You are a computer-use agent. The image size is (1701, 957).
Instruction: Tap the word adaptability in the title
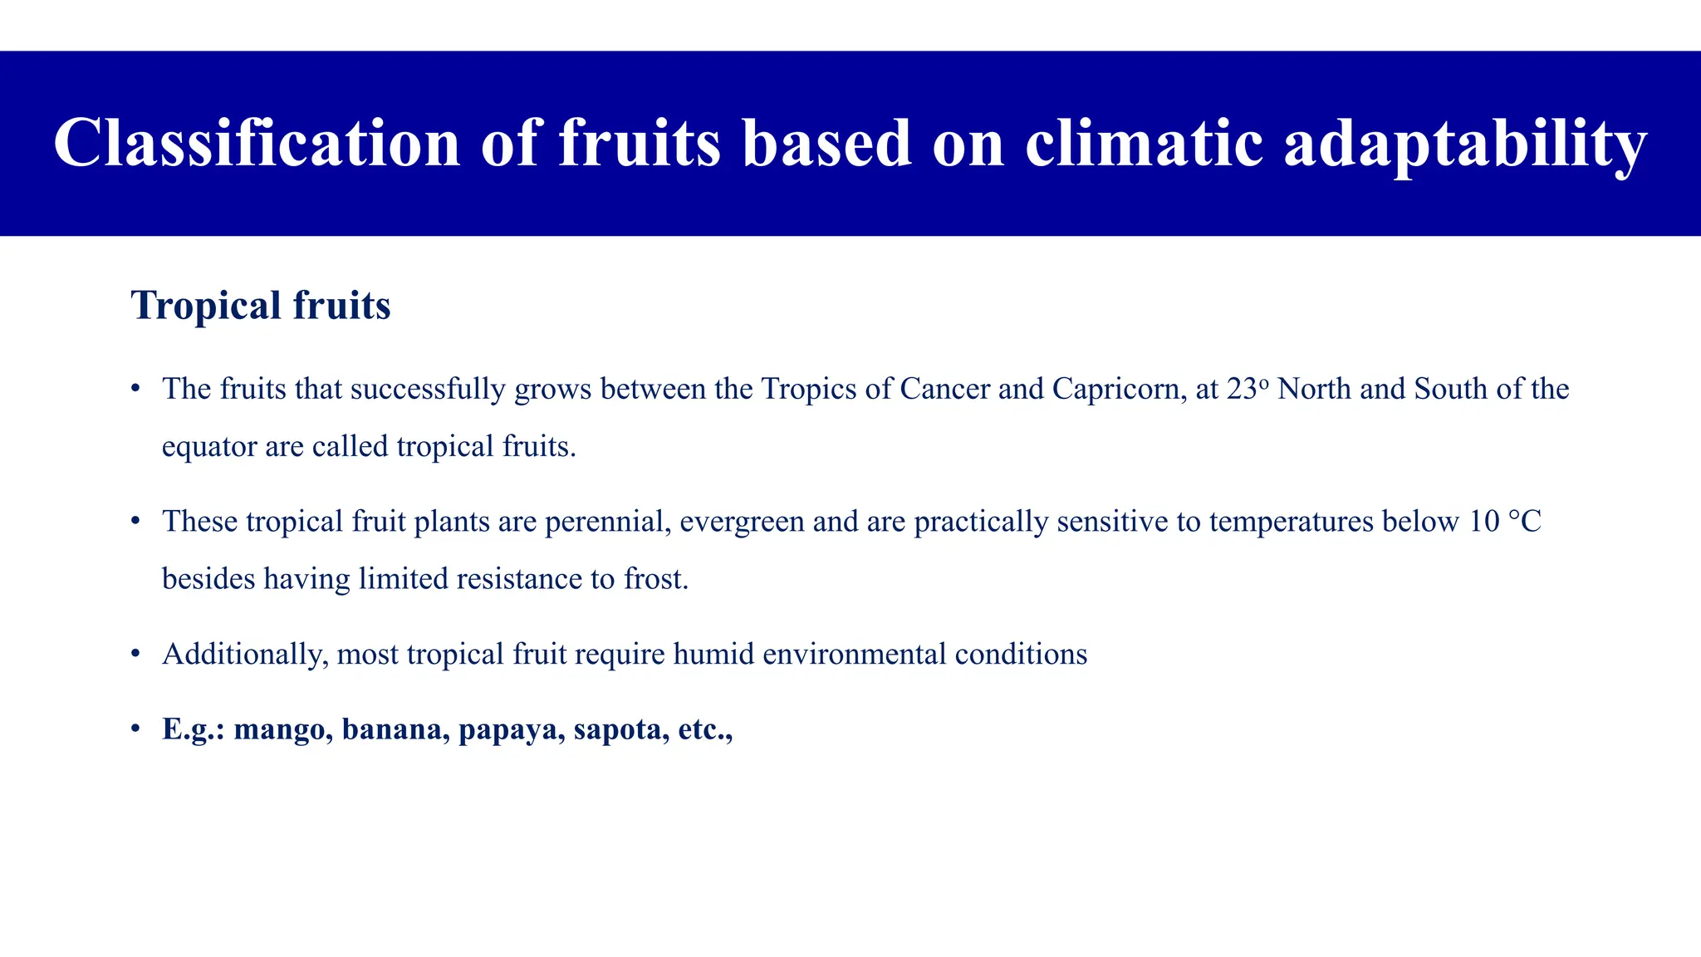tap(1464, 143)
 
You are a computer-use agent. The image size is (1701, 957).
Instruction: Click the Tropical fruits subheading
tap(260, 305)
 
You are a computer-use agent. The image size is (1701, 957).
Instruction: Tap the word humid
tap(713, 655)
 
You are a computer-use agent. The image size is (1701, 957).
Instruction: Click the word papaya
tap(507, 729)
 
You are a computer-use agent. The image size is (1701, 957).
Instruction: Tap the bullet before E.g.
tap(135, 729)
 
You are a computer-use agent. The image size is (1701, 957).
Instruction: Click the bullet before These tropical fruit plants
tap(135, 522)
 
